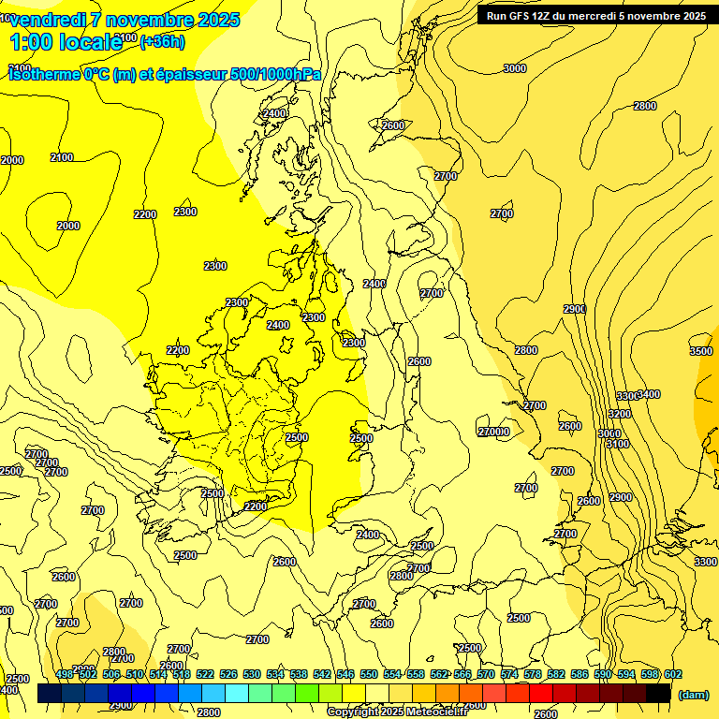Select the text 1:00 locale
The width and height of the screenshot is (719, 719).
coord(66,41)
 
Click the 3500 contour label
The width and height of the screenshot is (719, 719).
coord(700,351)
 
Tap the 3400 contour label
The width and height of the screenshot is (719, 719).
coord(648,394)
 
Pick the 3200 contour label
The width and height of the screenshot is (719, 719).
coord(619,413)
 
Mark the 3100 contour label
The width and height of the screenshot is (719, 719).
coord(617,444)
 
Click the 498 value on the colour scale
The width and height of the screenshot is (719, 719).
coord(65,674)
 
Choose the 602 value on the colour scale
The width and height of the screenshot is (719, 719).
coord(673,674)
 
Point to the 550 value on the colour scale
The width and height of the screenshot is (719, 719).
coord(369,674)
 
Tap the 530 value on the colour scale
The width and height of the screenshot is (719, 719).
coord(252,674)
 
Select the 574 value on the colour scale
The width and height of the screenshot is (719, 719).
coord(509,674)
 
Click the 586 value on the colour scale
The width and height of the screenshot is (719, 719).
coord(580,674)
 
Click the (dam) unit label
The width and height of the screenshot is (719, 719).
coord(692,695)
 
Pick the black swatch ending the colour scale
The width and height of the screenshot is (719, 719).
coord(658,693)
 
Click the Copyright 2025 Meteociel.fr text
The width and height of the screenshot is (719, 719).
coord(397,712)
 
